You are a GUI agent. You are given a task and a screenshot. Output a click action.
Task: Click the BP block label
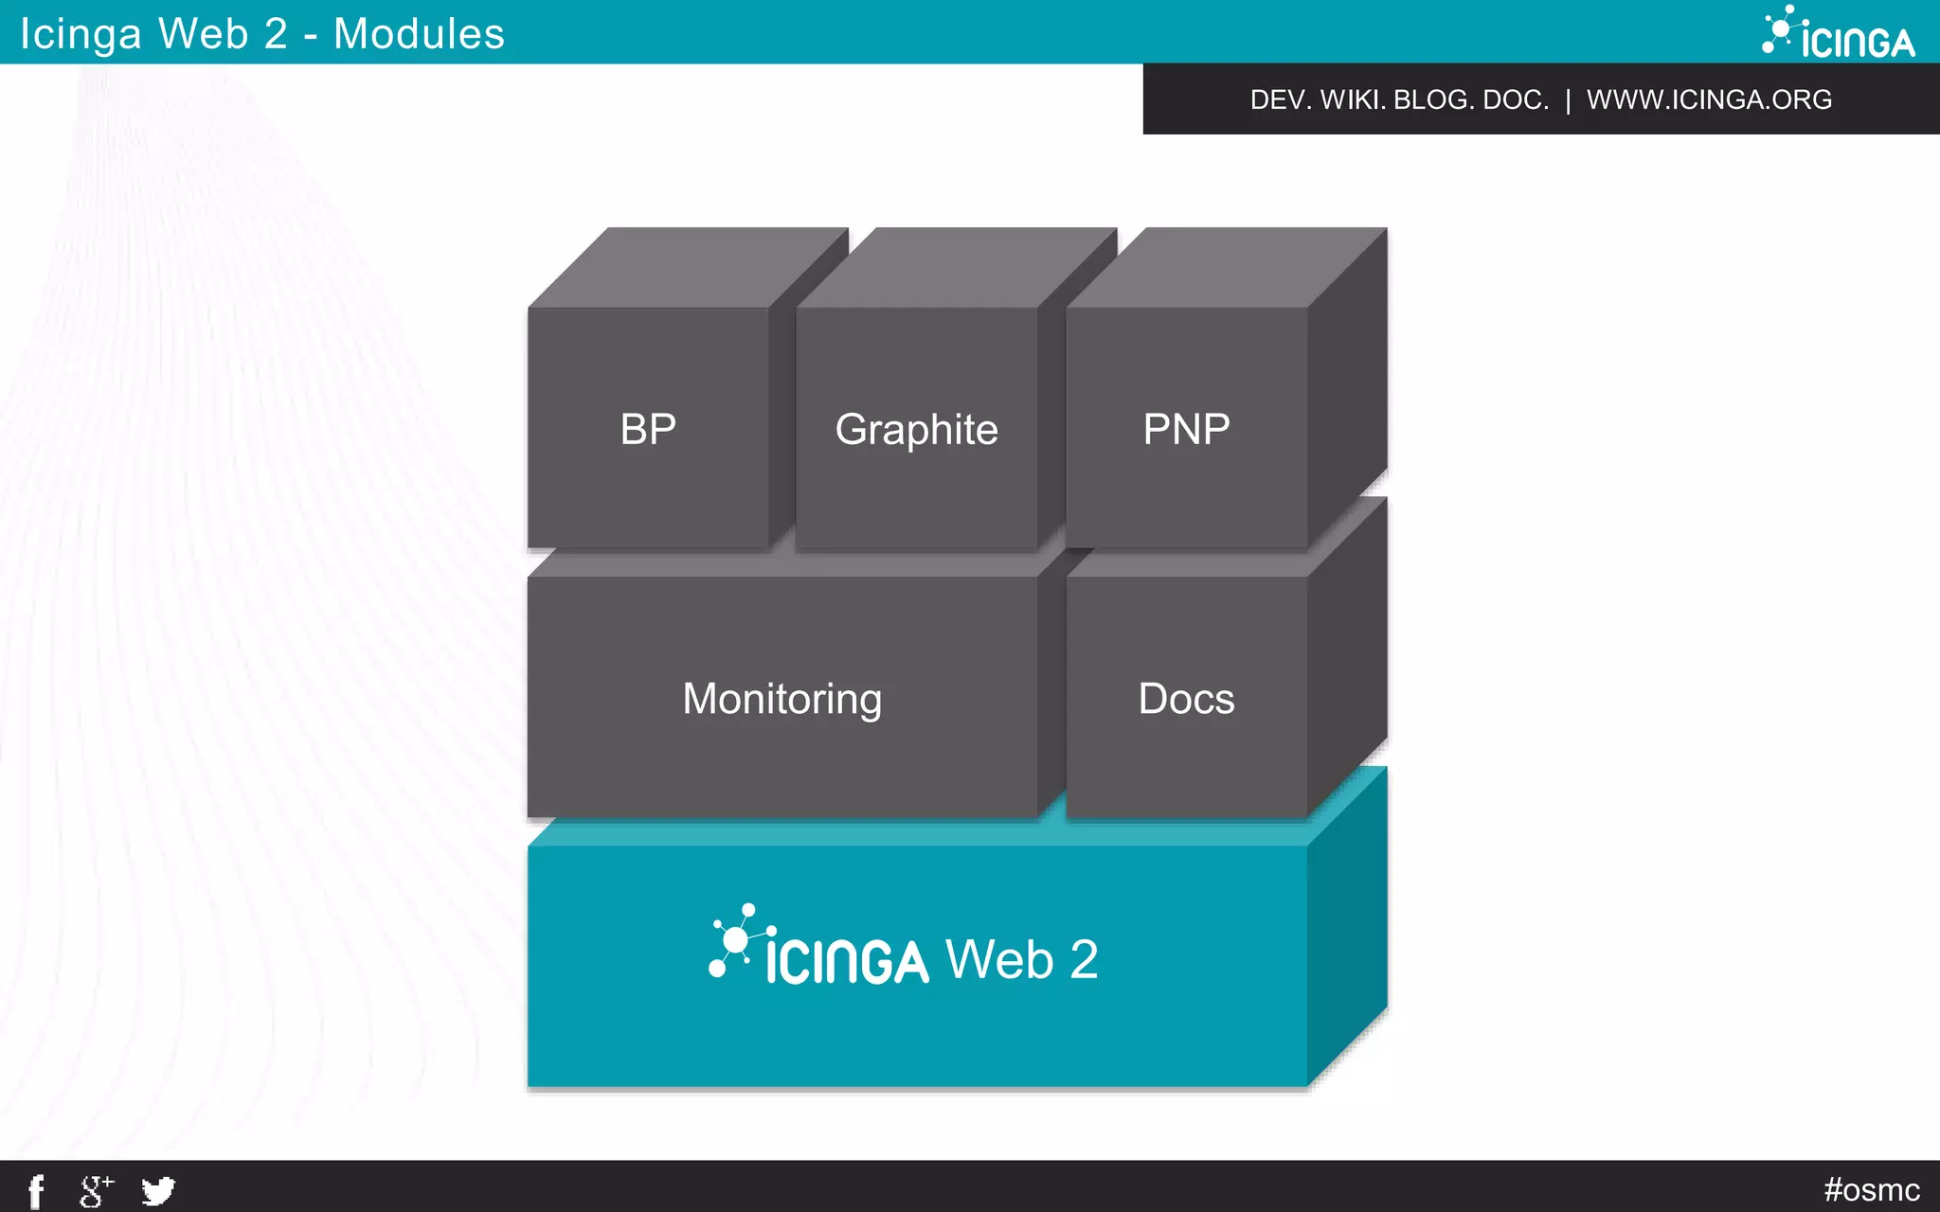pyautogui.click(x=648, y=429)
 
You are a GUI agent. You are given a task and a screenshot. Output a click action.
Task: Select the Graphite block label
pyautogui.click(x=916, y=430)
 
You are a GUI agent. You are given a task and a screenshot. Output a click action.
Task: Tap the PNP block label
pyautogui.click(x=1186, y=429)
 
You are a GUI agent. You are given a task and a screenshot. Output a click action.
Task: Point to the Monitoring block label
pyautogui.click(x=781, y=700)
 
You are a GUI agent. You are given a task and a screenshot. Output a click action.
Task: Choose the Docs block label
pyautogui.click(x=1186, y=699)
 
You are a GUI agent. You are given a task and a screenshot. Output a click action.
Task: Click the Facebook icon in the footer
pyautogui.click(x=36, y=1190)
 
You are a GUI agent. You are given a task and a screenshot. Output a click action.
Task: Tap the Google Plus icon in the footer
pyautogui.click(x=96, y=1190)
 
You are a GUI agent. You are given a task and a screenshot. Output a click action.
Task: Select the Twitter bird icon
pyautogui.click(x=158, y=1190)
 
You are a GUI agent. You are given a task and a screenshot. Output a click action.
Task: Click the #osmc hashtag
pyautogui.click(x=1871, y=1189)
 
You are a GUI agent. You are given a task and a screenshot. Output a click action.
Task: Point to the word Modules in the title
pyautogui.click(x=419, y=34)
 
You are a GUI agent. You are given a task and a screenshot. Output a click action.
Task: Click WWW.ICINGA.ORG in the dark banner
pyautogui.click(x=1709, y=99)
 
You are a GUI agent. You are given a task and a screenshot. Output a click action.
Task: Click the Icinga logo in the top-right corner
pyautogui.click(x=1839, y=33)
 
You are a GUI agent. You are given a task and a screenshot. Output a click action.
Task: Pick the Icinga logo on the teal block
pyautogui.click(x=819, y=948)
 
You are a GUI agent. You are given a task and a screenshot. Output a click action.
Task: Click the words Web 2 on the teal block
pyautogui.click(x=1022, y=959)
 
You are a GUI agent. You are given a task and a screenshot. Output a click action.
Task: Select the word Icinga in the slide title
pyautogui.click(x=81, y=34)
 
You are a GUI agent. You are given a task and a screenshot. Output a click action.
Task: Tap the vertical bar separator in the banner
pyautogui.click(x=1568, y=99)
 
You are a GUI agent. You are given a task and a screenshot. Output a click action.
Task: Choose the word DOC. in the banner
pyautogui.click(x=1515, y=99)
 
